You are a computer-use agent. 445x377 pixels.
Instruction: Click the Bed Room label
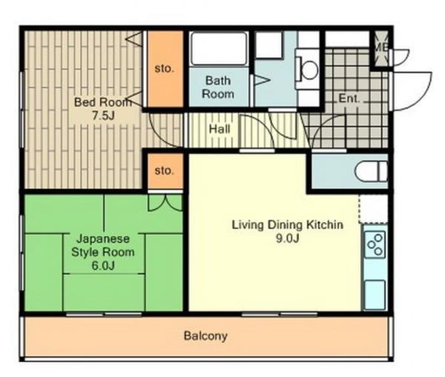coord(103,102)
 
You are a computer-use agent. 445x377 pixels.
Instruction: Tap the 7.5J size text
coord(103,116)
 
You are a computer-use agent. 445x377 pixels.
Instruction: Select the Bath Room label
coord(218,87)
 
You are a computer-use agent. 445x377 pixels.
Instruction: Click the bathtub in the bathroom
coord(218,48)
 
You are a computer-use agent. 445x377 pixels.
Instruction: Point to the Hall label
coord(220,130)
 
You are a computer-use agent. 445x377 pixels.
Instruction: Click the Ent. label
coord(349,99)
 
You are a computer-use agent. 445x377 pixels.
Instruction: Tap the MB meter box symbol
coord(381,48)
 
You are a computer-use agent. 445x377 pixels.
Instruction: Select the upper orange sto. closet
coord(165,69)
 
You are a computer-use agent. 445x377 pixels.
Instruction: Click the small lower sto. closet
coord(165,171)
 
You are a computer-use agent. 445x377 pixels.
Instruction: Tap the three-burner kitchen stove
coord(375,244)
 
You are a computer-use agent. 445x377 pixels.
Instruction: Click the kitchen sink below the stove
coord(375,294)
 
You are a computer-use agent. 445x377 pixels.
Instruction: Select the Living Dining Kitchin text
coord(288,224)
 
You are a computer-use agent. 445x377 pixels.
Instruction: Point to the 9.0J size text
coord(288,238)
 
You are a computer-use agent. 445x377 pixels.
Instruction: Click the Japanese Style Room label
coord(103,245)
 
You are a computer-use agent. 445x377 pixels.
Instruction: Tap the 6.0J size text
coord(103,266)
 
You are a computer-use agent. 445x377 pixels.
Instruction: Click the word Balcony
coord(205,336)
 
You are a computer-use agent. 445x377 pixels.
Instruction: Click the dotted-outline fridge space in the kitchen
coord(374,209)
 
